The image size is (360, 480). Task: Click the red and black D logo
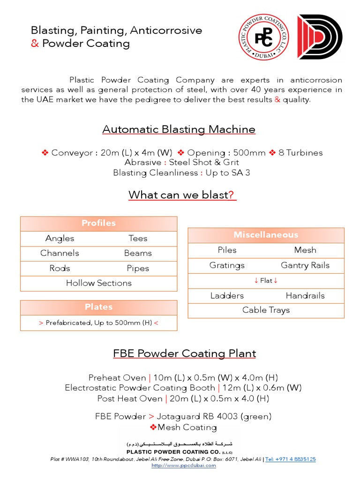[x=320, y=37]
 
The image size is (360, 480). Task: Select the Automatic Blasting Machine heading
[x=179, y=129]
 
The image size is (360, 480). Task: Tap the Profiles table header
[x=98, y=224]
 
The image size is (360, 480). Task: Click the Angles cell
[x=60, y=238]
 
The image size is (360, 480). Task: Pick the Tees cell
[x=138, y=238]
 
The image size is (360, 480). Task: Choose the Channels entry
[x=60, y=253]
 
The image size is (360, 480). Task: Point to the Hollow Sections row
[x=98, y=283]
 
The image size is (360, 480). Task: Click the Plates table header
[x=98, y=307]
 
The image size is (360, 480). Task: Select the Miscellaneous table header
[x=266, y=235]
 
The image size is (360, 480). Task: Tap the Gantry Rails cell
[x=305, y=265]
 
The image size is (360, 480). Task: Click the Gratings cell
[x=227, y=265]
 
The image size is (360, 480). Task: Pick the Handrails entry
[x=305, y=295]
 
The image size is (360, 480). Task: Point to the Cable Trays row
[x=266, y=310]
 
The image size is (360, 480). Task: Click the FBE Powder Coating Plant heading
[x=185, y=353]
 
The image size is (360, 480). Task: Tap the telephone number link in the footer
[x=290, y=459]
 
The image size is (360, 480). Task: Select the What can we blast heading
[x=182, y=195]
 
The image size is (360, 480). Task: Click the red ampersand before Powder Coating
[x=35, y=44]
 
